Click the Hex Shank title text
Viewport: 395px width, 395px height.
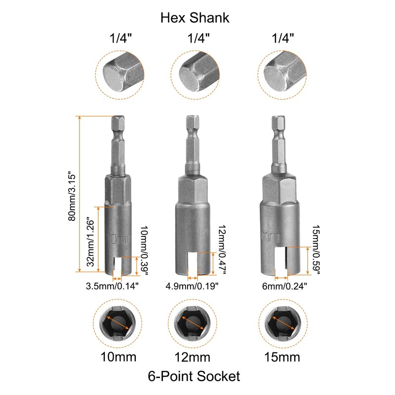coord(195,18)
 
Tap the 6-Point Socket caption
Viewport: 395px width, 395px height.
coord(194,376)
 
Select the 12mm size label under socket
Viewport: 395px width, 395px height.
coord(192,356)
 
